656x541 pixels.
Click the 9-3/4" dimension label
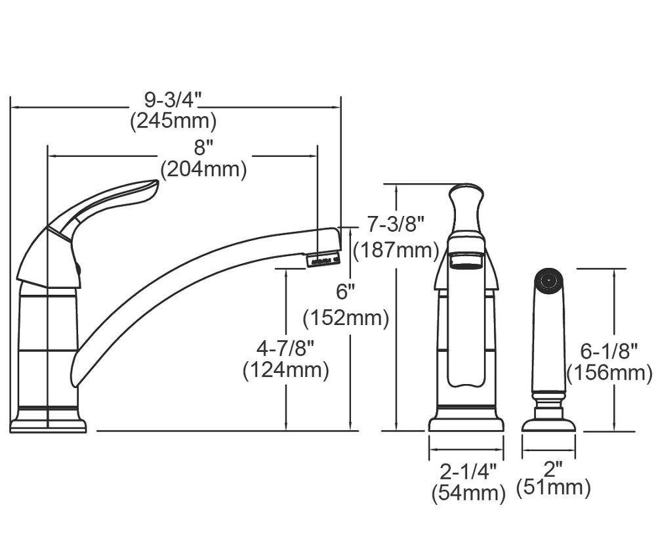click(173, 100)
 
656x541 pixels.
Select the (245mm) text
click(173, 121)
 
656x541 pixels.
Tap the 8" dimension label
click(204, 148)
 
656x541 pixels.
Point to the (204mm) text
click(204, 169)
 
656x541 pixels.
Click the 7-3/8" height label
click(396, 224)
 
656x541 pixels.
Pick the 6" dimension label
click(346, 292)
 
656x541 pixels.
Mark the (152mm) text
click(346, 318)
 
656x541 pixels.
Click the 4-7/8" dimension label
click(285, 349)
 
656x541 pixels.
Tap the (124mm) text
click(286, 370)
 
